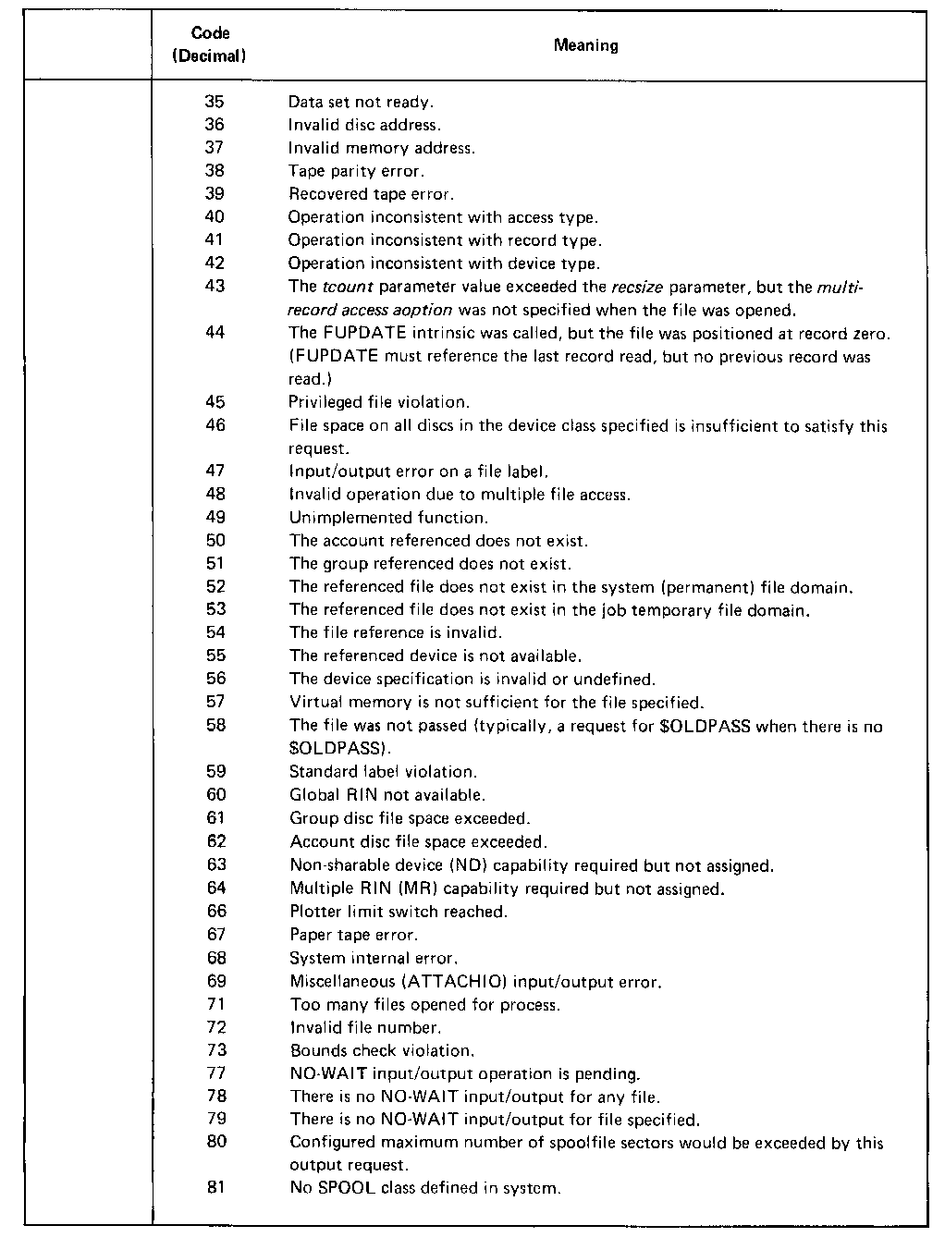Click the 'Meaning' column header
(x=585, y=45)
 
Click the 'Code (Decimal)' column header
(x=210, y=44)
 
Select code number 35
(x=215, y=102)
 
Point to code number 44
(x=215, y=333)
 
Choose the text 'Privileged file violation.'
(x=379, y=402)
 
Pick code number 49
(x=215, y=518)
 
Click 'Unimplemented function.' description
(x=387, y=518)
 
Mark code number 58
(x=215, y=726)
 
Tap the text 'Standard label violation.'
(x=383, y=772)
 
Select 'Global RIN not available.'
(x=387, y=795)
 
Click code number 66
(x=215, y=912)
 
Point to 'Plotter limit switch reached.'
(x=399, y=912)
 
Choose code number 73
(x=215, y=1050)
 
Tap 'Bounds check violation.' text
(x=382, y=1050)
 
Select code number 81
(x=215, y=1187)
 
